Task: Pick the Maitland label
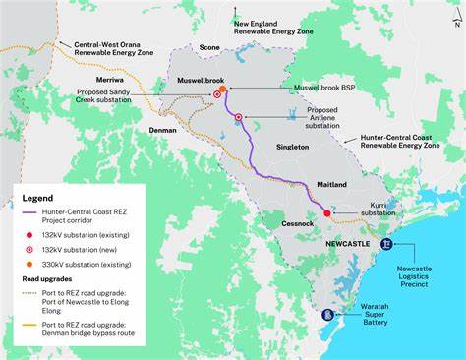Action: (333, 185)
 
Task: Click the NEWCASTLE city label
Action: (347, 242)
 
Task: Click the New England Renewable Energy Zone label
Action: (272, 26)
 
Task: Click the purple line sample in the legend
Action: (29, 213)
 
